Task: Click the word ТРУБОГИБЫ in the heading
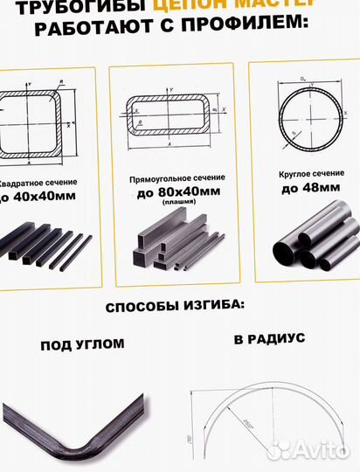click(59, 8)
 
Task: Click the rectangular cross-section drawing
click(171, 115)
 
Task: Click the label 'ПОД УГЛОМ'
click(82, 344)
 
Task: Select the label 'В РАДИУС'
click(269, 337)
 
